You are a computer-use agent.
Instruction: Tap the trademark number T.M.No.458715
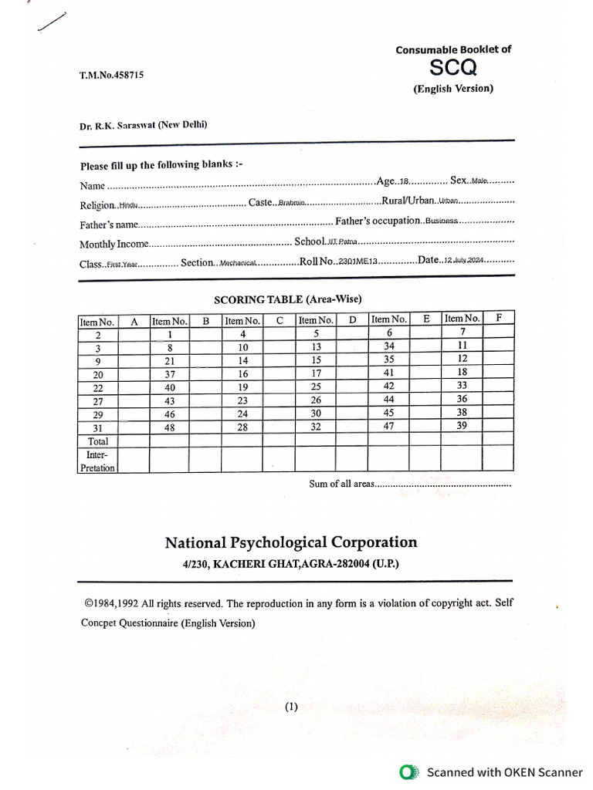111,75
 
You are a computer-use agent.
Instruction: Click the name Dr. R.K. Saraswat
144,126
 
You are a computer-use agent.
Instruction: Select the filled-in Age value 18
404,183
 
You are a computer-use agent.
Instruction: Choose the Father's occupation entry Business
442,221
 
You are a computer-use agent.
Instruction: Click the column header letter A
134,321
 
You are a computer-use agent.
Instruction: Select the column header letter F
499,318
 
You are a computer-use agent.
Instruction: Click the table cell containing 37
170,374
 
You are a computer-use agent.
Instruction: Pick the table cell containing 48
170,427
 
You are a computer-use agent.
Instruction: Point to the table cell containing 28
242,427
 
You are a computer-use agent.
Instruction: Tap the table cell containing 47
389,425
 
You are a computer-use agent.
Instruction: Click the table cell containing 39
463,425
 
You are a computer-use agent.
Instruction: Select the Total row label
98,441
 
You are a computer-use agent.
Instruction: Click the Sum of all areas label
341,484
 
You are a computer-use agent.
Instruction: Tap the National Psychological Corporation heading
290,543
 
